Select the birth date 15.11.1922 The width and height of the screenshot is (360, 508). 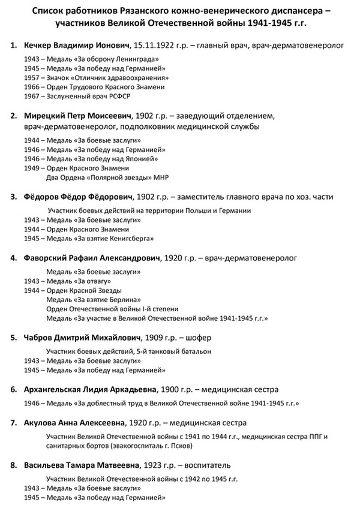[x=157, y=46]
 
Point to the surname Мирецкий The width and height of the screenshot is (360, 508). [x=43, y=115]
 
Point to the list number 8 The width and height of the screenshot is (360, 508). [x=14, y=465]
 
